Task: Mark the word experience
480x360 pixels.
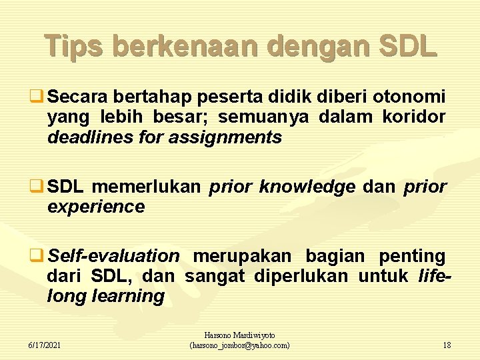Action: point(96,207)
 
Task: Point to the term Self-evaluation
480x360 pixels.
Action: point(113,255)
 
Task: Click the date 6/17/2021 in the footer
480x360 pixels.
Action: point(44,345)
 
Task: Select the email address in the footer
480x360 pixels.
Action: point(240,345)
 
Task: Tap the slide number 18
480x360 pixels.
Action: point(447,345)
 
